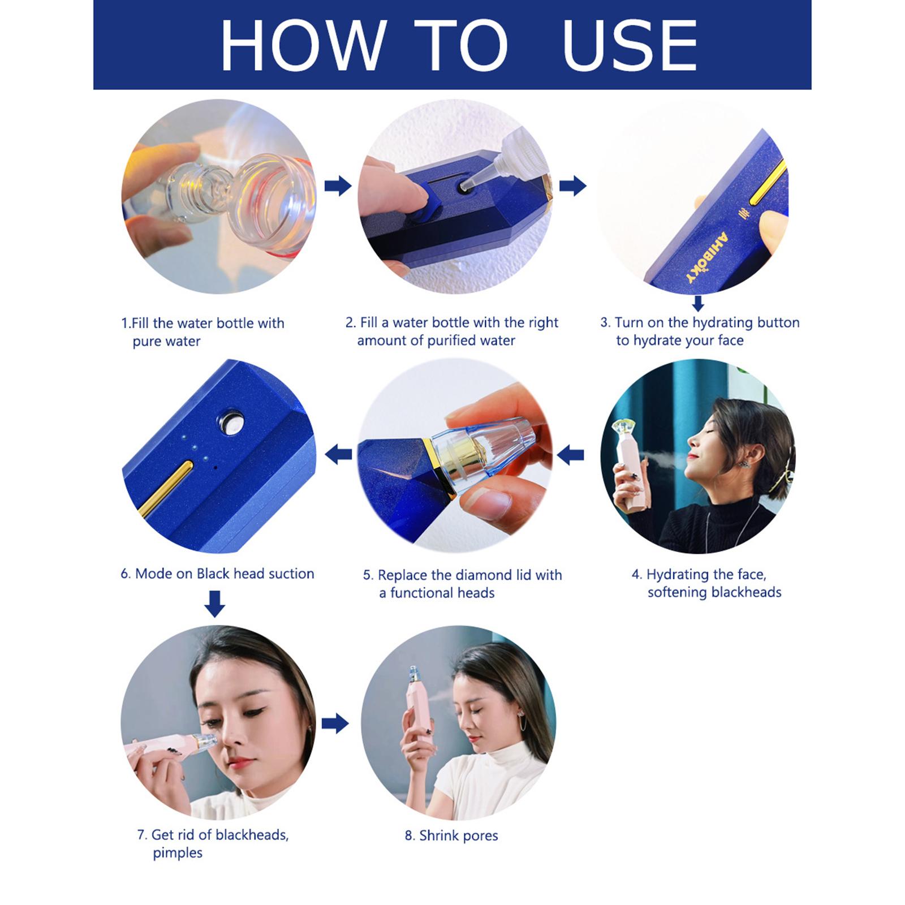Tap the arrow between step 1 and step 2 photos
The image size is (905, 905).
(338, 186)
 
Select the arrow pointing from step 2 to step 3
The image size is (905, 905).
(572, 186)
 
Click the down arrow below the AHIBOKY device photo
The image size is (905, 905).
(698, 303)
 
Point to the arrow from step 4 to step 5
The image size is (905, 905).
(571, 454)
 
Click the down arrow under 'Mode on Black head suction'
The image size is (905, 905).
(214, 604)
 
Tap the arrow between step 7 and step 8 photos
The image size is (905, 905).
(335, 723)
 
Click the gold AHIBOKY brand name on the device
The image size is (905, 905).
(707, 258)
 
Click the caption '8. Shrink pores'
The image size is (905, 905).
(451, 835)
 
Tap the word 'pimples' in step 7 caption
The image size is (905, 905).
(178, 854)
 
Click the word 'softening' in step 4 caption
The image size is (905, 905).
(676, 592)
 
